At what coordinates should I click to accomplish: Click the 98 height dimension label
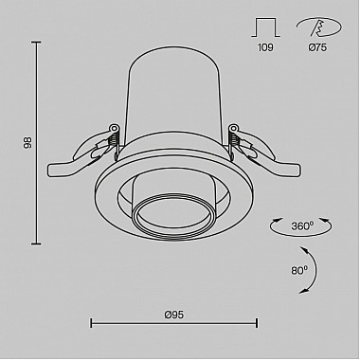click(x=28, y=142)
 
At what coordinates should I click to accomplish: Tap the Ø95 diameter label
click(x=174, y=315)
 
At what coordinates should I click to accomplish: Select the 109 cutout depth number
click(x=265, y=47)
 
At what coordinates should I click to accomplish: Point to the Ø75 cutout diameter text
click(x=317, y=47)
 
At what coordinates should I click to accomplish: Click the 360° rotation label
click(x=302, y=226)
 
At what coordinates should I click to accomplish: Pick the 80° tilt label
click(x=299, y=270)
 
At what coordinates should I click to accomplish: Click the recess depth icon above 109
click(x=265, y=27)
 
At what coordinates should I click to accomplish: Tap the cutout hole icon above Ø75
click(x=319, y=27)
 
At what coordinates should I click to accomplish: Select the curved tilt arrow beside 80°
click(x=315, y=270)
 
